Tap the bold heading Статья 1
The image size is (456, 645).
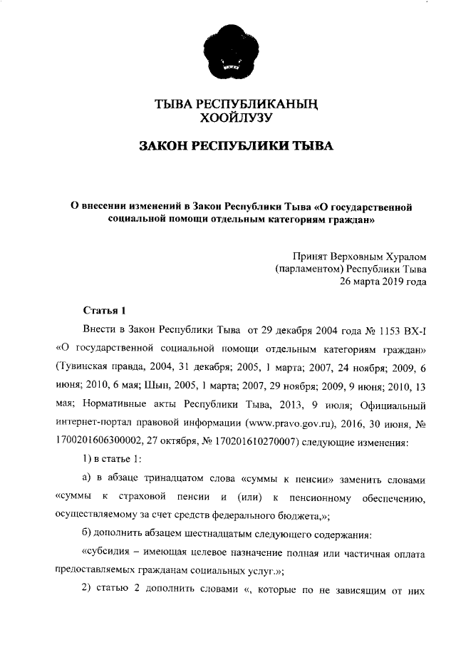(105, 311)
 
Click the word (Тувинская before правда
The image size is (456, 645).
(84, 368)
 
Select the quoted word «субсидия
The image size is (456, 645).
(110, 553)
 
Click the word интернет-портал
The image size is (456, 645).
(96, 423)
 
